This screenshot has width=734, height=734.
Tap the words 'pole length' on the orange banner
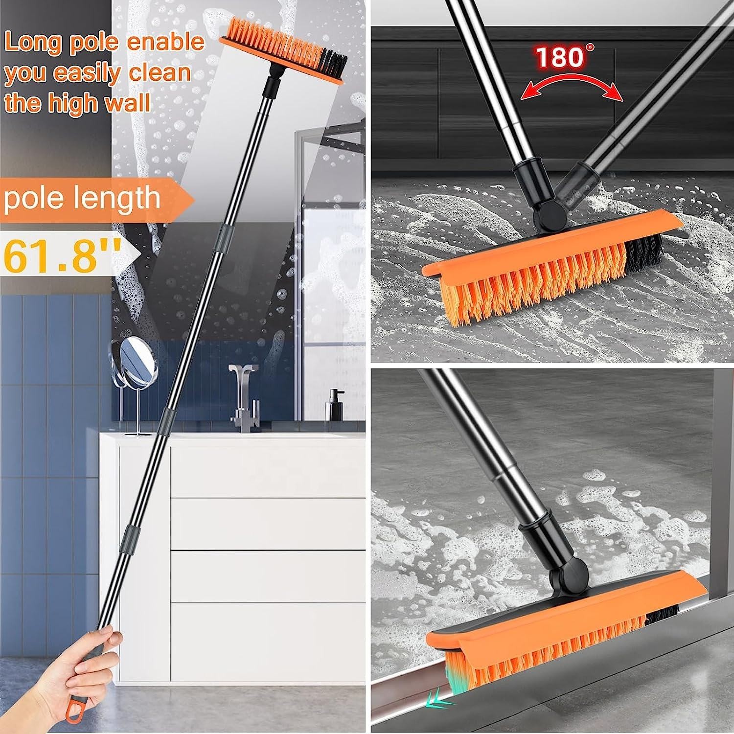coord(82,198)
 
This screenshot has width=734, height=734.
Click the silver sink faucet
coord(242,396)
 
